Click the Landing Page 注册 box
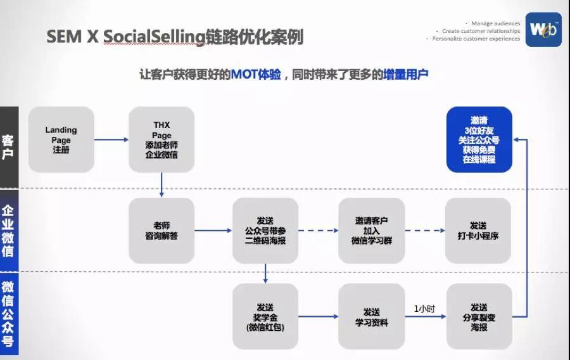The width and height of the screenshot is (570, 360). point(61,139)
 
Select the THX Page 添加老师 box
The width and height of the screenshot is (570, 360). point(161,139)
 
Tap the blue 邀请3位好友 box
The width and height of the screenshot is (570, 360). point(479,139)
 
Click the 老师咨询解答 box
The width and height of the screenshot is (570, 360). point(161,231)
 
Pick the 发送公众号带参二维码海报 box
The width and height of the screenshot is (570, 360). point(265,231)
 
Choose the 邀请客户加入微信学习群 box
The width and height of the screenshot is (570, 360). point(371,231)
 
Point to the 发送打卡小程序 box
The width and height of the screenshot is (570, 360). point(478,231)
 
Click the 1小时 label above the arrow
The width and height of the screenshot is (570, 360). point(424,308)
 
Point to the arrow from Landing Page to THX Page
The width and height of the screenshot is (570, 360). point(111,140)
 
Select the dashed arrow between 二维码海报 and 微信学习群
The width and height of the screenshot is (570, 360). point(318,231)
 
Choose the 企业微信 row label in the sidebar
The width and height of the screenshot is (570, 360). point(9,231)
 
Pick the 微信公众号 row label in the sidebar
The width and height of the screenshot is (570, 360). point(9,314)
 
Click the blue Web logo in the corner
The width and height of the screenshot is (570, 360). point(543,30)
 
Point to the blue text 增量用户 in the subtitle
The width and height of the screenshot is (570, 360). point(406,74)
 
